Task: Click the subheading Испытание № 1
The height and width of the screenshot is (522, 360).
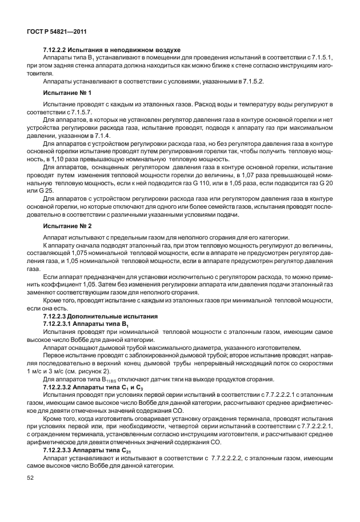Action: coord(67,92)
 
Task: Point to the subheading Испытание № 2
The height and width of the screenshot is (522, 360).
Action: coord(67,226)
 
